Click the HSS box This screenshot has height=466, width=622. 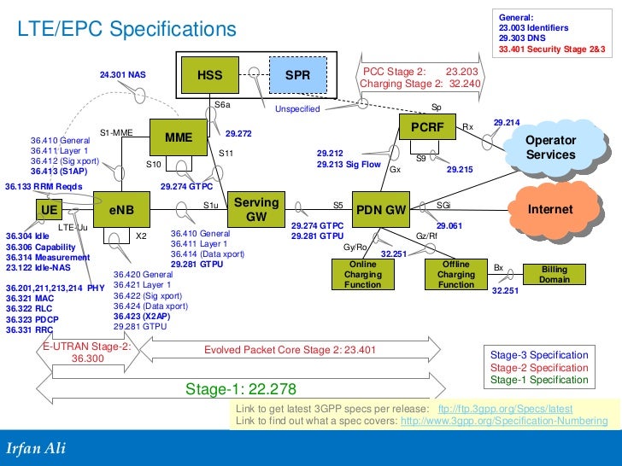[x=209, y=75]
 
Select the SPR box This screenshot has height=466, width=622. [x=297, y=75]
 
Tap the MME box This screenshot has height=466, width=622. [x=179, y=137]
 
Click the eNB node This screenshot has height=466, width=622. [x=121, y=208]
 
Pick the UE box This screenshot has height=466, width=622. [x=49, y=208]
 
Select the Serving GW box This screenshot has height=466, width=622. [x=256, y=209]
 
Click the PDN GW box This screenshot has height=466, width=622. [x=380, y=209]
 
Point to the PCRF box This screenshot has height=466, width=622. [x=424, y=127]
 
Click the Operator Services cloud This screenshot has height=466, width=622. [x=550, y=148]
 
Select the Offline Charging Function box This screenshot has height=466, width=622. [x=455, y=275]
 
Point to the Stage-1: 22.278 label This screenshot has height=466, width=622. [x=241, y=389]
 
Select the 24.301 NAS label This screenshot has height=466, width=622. [x=123, y=75]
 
